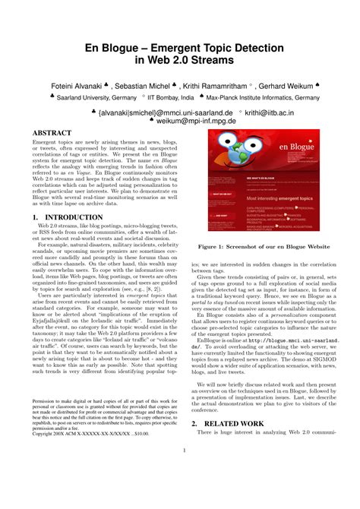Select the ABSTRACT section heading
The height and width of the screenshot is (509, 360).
(x=53, y=134)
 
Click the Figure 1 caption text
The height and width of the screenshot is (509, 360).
(x=264, y=247)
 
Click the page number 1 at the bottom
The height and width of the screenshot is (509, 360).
(x=183, y=471)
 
